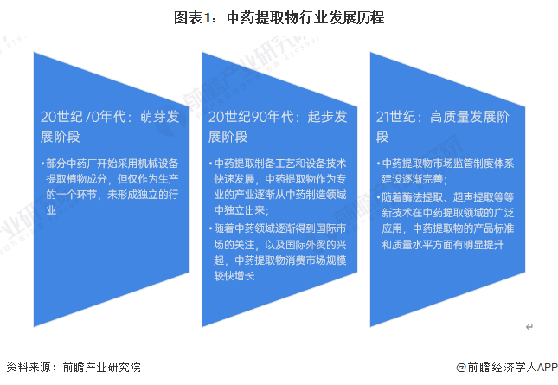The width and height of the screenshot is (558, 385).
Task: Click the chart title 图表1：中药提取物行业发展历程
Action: tap(279, 18)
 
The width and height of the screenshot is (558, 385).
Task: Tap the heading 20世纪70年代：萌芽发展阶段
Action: tap(110, 126)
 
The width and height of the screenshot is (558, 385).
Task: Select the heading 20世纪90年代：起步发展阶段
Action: tap(278, 126)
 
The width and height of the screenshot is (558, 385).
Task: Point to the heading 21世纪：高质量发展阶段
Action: tap(443, 126)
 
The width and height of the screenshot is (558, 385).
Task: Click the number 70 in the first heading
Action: tap(92, 117)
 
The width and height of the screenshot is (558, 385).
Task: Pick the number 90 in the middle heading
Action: tap(260, 117)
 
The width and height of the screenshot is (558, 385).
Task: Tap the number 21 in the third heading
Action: tap(383, 117)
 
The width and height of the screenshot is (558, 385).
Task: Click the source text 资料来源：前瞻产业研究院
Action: tap(74, 367)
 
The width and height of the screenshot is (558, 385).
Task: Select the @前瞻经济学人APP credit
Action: tap(507, 367)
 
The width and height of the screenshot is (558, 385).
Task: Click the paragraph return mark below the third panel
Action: tap(529, 327)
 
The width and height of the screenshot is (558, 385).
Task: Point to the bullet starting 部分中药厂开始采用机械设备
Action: tap(110, 187)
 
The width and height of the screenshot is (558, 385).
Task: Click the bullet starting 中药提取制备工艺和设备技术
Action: tap(278, 187)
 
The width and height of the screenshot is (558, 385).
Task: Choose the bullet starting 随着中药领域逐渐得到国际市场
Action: tap(278, 253)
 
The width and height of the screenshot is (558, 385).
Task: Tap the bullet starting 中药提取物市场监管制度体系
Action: tap(446, 171)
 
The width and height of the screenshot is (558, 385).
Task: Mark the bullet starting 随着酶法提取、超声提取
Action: tap(446, 221)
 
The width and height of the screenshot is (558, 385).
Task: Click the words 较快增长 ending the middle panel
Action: tap(234, 276)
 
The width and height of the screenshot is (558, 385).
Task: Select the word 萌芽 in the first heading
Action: tap(150, 117)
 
